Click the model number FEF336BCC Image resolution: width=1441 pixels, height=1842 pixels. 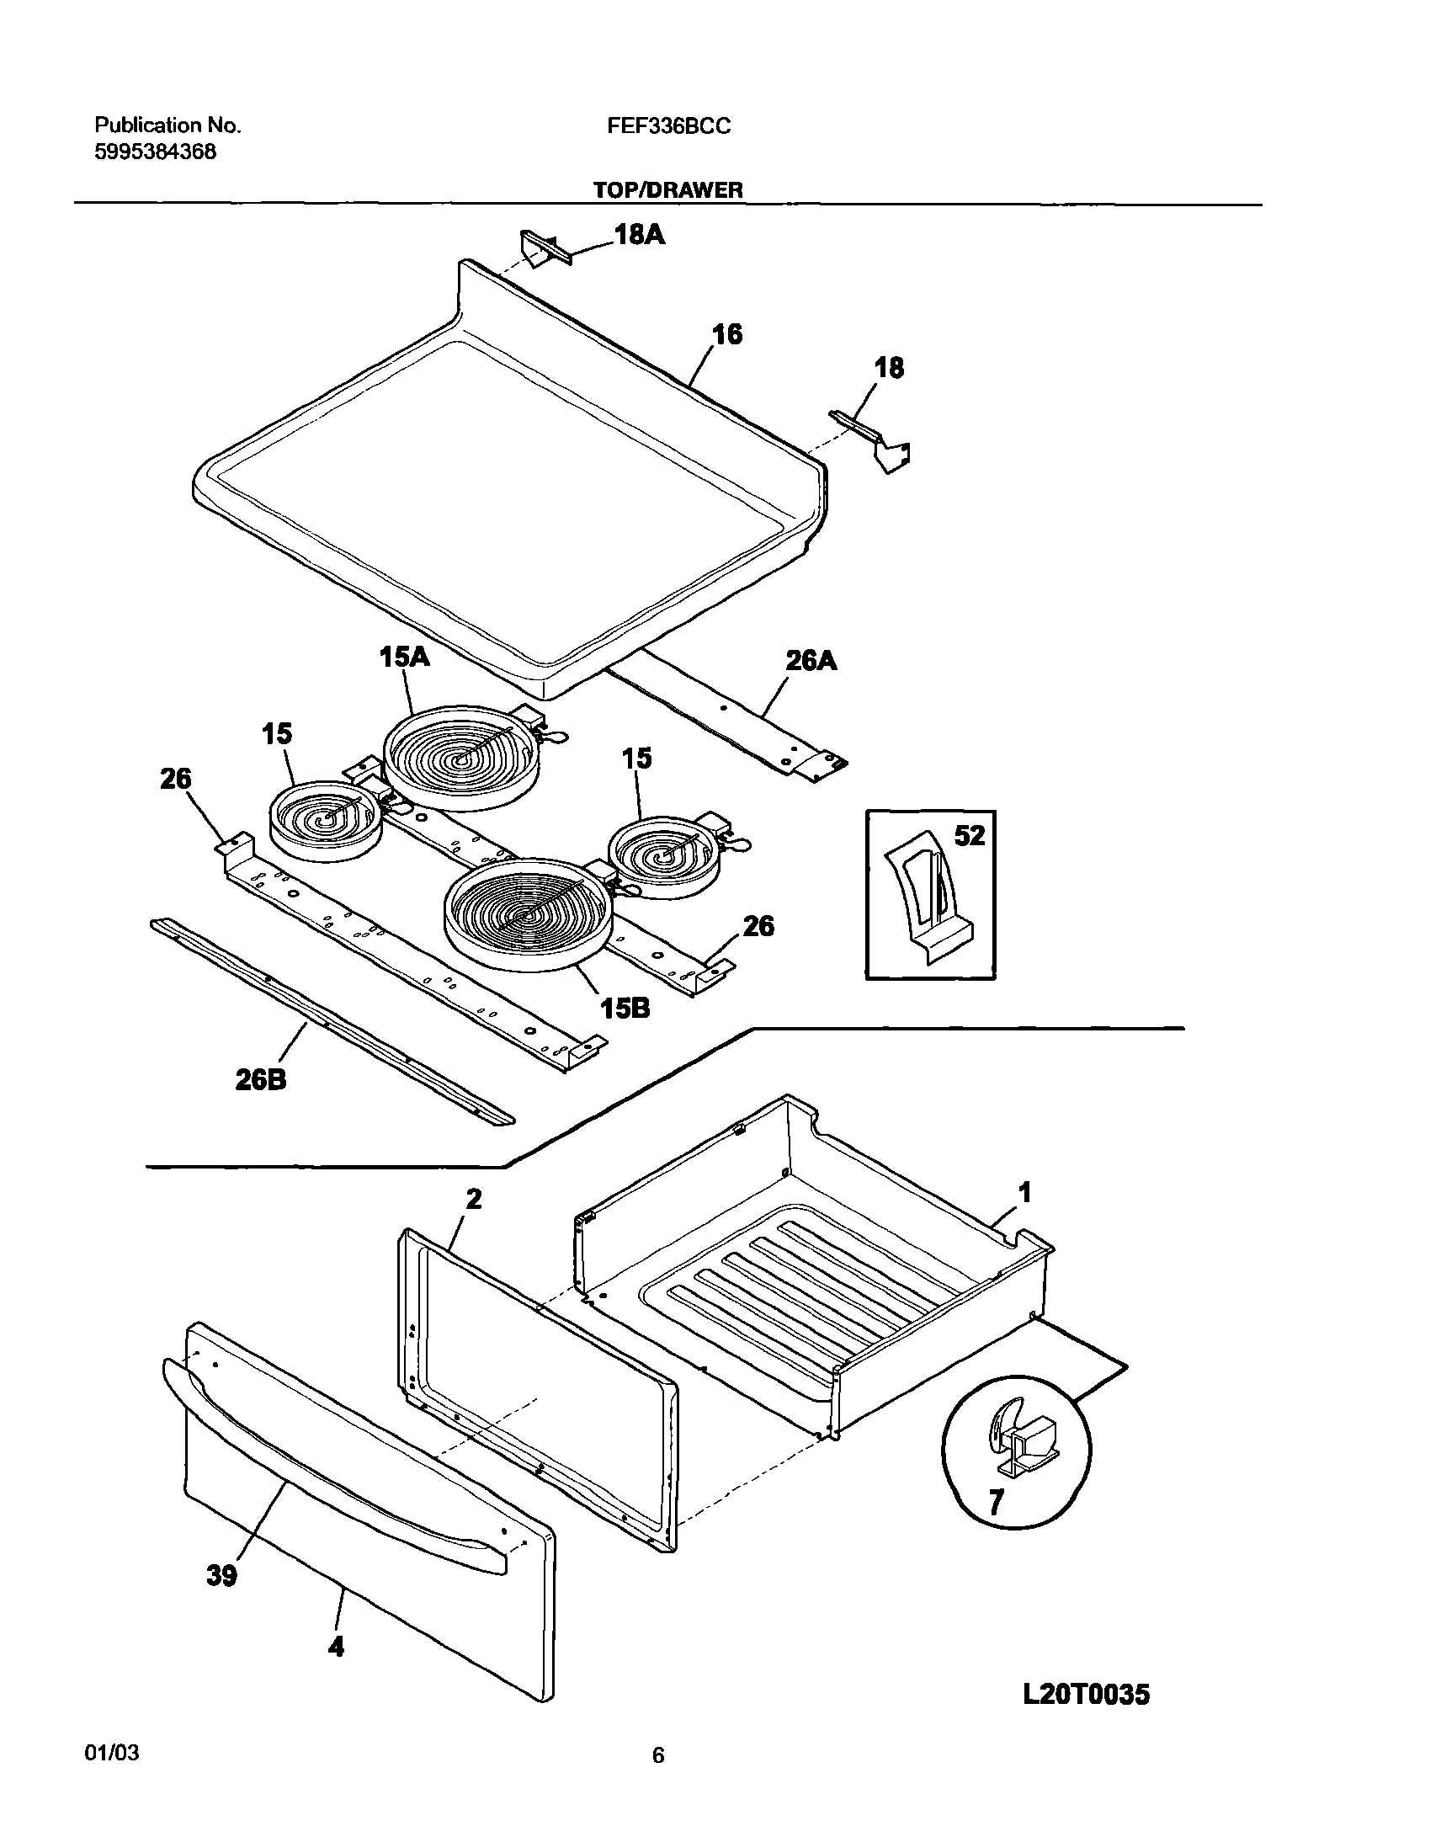click(x=668, y=126)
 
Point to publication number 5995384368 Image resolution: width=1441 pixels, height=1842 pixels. click(x=155, y=152)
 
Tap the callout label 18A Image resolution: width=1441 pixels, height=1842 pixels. click(x=640, y=235)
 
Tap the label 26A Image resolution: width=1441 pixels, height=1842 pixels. click(x=811, y=661)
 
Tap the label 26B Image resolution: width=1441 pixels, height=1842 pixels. click(x=261, y=1079)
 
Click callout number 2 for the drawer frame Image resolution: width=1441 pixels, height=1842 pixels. click(x=474, y=1199)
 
